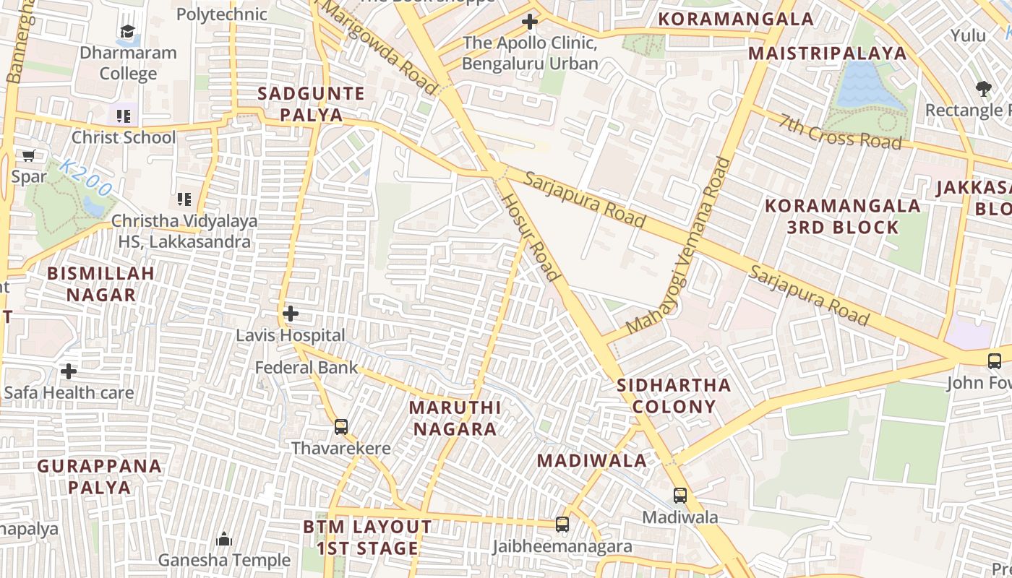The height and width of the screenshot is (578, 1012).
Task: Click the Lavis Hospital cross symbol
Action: tap(291, 314)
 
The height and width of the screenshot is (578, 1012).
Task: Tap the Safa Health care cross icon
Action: tap(69, 371)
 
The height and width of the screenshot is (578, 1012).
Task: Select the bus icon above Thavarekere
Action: tap(341, 426)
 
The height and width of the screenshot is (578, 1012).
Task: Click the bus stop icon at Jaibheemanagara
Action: tap(562, 525)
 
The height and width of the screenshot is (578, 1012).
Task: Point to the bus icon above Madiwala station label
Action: tap(680, 495)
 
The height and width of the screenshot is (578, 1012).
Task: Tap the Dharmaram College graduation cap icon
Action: tap(127, 32)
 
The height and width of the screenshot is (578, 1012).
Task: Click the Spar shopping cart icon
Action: tap(29, 155)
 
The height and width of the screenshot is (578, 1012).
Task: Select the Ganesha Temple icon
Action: tap(224, 539)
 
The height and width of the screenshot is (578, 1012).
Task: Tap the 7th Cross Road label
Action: tap(841, 131)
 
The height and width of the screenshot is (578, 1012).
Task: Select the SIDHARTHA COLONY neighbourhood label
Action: tap(674, 395)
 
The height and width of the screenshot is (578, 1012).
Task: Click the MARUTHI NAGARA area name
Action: tap(455, 418)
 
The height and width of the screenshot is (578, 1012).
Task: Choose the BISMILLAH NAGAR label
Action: tap(101, 284)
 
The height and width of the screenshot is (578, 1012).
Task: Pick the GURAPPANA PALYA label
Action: tap(100, 476)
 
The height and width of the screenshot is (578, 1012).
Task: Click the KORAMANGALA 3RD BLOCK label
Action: tap(843, 216)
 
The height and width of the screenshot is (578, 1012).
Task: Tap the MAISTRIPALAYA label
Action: tap(827, 53)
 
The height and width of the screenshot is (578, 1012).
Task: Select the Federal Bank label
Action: tap(306, 367)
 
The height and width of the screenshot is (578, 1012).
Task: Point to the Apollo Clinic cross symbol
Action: tap(530, 22)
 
